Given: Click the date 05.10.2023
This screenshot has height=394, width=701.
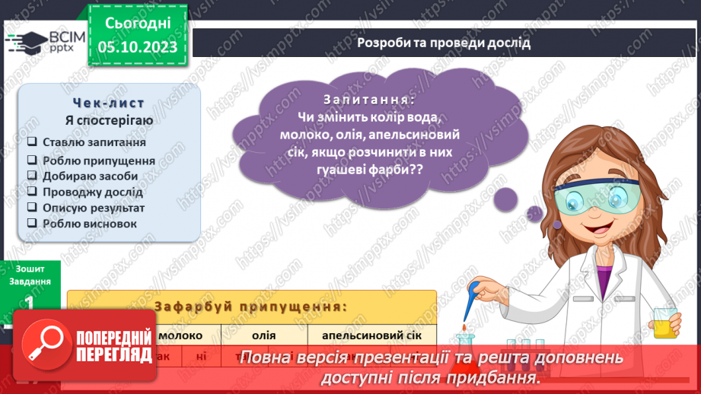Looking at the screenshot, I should [137, 47].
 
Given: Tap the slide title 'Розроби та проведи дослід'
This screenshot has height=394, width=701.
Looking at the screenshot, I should [444, 43].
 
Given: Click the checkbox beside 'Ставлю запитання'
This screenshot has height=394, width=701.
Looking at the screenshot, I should [32, 142].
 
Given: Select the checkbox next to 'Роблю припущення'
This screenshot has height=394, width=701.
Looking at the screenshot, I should [32, 160].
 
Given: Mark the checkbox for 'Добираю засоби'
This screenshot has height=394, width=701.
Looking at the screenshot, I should [32, 176].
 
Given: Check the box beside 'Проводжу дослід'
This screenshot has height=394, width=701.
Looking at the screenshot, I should [32, 192].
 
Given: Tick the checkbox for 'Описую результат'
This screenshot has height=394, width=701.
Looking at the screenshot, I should [32, 208].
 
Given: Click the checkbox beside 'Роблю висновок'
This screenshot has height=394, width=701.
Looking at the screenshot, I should [32, 224].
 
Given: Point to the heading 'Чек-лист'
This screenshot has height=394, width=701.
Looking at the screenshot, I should [109, 103].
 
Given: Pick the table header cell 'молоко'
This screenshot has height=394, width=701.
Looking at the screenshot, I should [180, 335].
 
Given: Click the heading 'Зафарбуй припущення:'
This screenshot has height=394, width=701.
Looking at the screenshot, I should [250, 307].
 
